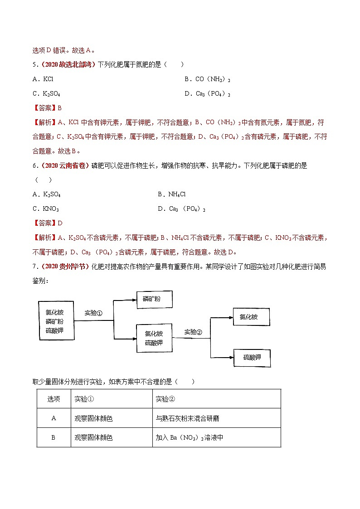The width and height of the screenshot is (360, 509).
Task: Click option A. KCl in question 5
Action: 43,79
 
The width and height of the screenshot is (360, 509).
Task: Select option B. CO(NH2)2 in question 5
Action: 208,79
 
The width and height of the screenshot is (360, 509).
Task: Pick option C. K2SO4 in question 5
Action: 46,93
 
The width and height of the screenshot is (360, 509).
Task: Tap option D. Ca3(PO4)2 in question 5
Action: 208,93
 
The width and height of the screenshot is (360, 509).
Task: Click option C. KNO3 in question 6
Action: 46,208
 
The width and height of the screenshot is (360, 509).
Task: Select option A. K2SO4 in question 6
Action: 46,194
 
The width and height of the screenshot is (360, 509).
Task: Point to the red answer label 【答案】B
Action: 47,108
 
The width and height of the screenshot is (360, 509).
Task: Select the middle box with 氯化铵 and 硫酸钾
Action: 154,338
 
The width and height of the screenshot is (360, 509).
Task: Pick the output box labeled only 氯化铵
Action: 251,317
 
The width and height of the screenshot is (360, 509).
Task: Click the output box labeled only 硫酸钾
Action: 252,358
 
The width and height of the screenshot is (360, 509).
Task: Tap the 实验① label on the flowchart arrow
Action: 93,313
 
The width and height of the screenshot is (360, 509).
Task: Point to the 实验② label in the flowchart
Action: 193,332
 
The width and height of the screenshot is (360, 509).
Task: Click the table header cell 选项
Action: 54,398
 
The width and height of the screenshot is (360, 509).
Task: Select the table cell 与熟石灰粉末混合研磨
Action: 188,418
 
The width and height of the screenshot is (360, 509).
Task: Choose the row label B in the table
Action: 54,437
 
